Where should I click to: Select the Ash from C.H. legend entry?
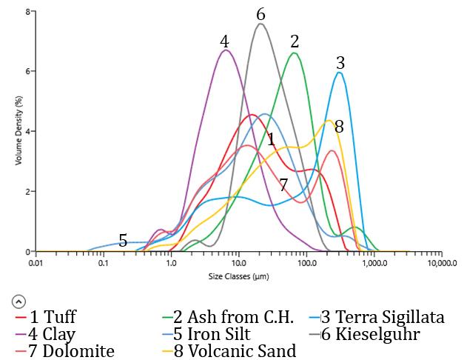point(226,318)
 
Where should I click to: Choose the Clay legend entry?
point(45,334)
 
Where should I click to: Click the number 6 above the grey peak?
point(260,15)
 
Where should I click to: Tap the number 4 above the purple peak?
point(224,41)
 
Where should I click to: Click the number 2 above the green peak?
point(295,41)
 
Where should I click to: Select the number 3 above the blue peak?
point(340,61)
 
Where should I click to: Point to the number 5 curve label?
point(123,240)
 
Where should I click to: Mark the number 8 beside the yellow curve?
point(339,127)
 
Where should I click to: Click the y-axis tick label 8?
point(27,13)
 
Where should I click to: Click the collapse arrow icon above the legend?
point(19,301)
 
